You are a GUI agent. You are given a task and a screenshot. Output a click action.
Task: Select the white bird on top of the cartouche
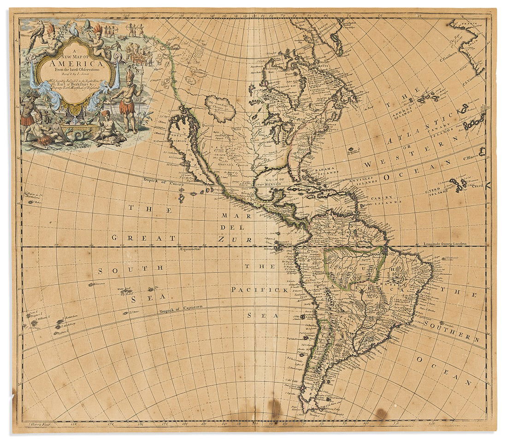(x=74, y=29)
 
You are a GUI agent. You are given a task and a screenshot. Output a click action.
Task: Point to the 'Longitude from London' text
(x=445, y=243)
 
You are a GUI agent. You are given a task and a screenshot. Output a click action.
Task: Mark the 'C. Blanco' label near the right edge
(x=468, y=157)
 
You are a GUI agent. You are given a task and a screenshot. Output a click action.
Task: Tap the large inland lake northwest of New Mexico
(x=220, y=109)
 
